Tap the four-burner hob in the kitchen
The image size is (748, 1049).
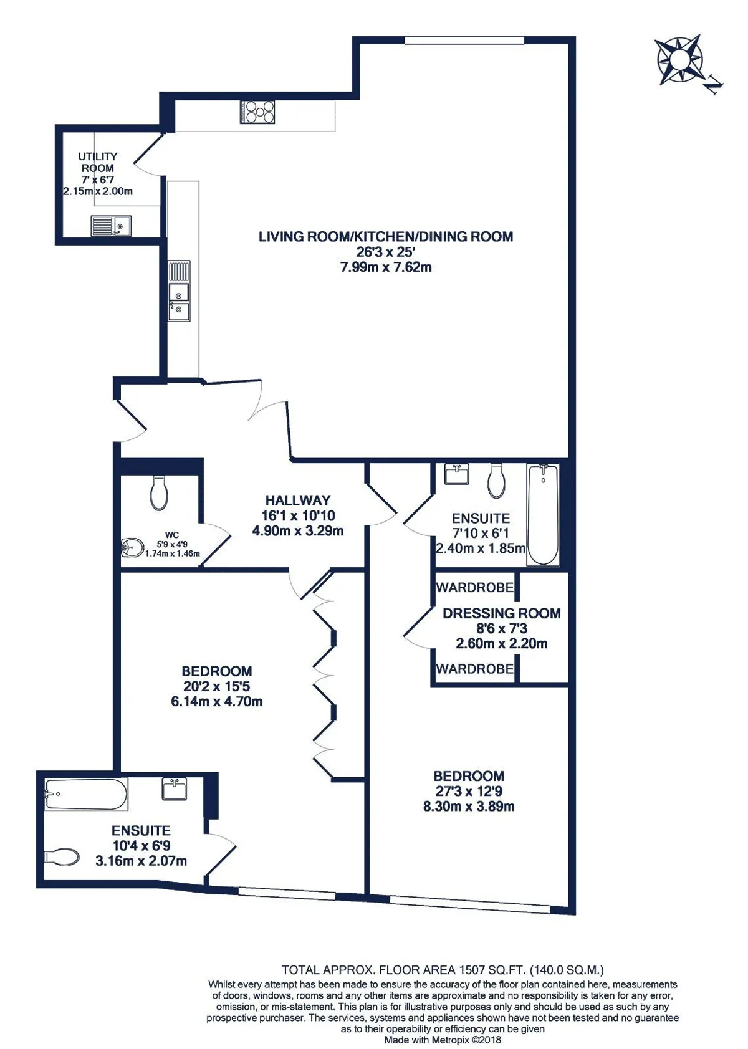[x=257, y=112]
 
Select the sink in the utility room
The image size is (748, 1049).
[x=111, y=226]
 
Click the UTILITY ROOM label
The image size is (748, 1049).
[x=97, y=162]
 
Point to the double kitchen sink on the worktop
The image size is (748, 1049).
[x=179, y=290]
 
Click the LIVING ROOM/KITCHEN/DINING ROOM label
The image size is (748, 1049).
[x=385, y=236]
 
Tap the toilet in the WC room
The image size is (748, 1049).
[x=159, y=493]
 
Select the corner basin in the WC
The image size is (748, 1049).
[x=133, y=547]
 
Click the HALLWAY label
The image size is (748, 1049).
[x=298, y=500]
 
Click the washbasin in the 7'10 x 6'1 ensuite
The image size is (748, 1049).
[x=456, y=474]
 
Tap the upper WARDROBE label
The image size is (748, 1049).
[x=474, y=587]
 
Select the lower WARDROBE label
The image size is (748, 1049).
[x=474, y=669]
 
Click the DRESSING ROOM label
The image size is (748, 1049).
[x=502, y=613]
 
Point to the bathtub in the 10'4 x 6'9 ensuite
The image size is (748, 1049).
[x=86, y=794]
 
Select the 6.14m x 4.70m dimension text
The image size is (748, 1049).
[x=217, y=701]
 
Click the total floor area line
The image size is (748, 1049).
[x=442, y=969]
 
